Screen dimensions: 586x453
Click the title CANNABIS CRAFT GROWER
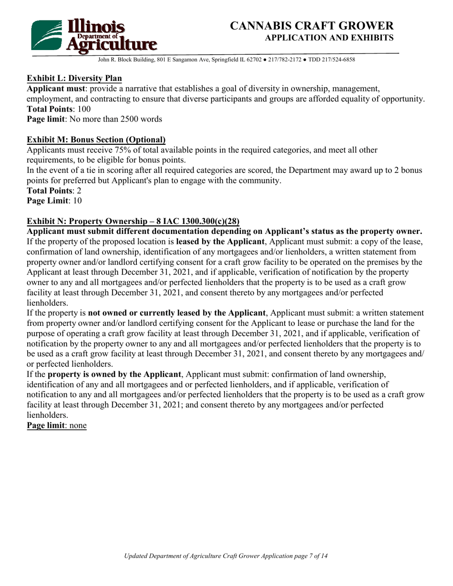point(312,26)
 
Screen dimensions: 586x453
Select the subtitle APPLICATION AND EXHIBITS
point(329,38)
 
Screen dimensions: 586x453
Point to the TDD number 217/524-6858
point(336,60)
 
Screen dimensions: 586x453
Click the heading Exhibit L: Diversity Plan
point(74,78)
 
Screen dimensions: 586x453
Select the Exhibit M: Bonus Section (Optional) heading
point(96,140)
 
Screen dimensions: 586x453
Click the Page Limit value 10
point(77,201)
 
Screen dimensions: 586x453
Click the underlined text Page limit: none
point(57,425)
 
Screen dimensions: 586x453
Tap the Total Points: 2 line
point(54,191)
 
